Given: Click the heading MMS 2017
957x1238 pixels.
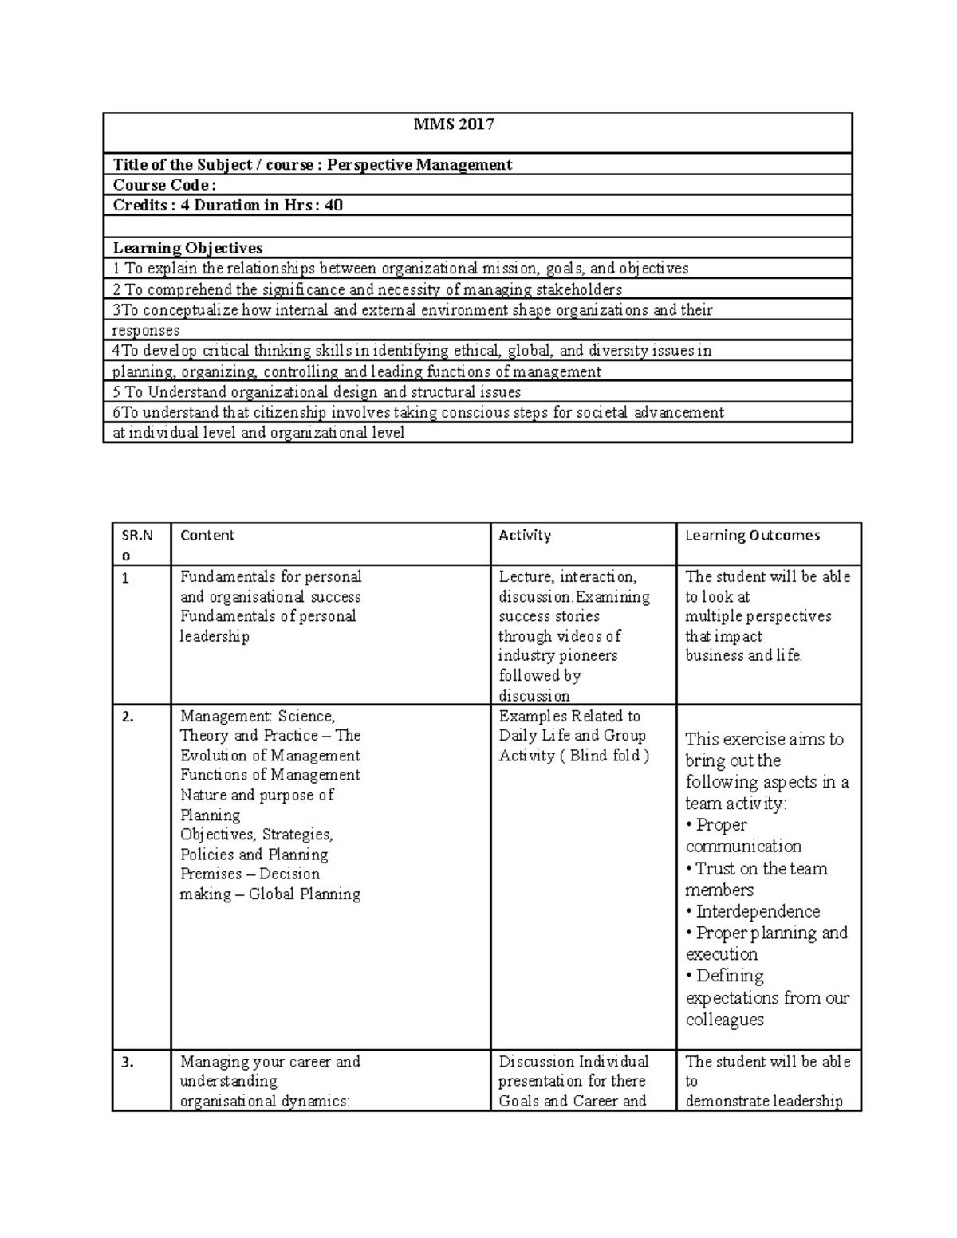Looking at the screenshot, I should (x=453, y=124).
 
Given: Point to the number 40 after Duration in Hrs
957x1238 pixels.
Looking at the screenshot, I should (x=334, y=206).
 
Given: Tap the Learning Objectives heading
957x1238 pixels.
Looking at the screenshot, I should (x=187, y=248).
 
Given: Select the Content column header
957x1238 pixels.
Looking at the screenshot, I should (x=207, y=536).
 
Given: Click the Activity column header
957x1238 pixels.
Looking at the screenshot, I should (x=525, y=536).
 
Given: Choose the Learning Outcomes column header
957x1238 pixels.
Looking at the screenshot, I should (x=752, y=536).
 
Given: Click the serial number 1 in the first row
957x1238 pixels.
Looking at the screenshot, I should (x=125, y=578).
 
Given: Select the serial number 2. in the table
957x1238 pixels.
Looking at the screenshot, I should (x=128, y=717).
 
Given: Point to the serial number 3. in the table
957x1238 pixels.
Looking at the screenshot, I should (x=128, y=1062).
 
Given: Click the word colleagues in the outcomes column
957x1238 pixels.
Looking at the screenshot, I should (x=724, y=1020).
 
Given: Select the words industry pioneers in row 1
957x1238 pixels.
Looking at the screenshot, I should (x=557, y=656).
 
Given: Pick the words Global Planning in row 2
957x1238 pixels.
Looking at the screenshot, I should (x=305, y=894).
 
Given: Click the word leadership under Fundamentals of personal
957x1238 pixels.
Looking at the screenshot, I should (x=215, y=636).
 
